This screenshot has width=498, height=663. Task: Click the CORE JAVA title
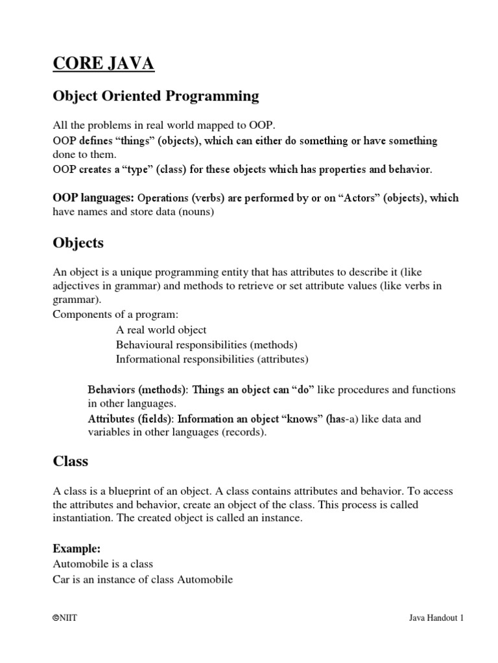tap(104, 65)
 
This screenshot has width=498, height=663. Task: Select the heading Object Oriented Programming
tap(156, 96)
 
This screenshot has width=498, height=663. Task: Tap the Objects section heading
tap(78, 243)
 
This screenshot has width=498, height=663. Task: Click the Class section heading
tap(70, 462)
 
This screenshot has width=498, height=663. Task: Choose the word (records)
tap(244, 433)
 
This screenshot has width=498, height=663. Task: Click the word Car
tap(61, 579)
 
